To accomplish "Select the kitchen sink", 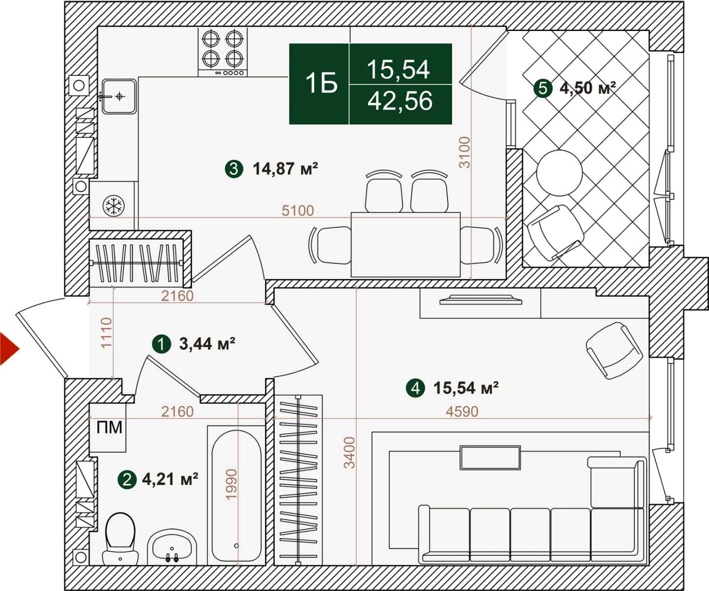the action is pyautogui.click(x=119, y=97).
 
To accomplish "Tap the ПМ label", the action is pyautogui.click(x=109, y=428).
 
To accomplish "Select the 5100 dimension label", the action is pyautogui.click(x=298, y=211).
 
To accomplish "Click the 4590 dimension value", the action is pyautogui.click(x=462, y=412).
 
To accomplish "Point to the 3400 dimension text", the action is pyautogui.click(x=349, y=453).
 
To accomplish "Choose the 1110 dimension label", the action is pyautogui.click(x=106, y=332).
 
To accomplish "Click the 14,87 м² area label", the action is pyautogui.click(x=285, y=168).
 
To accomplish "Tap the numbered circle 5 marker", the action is pyautogui.click(x=542, y=89).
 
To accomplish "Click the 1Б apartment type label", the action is pyautogui.click(x=321, y=83).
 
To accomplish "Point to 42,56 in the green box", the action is pyautogui.click(x=400, y=101).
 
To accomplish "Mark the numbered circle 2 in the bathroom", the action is pyautogui.click(x=127, y=480).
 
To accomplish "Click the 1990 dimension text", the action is pyautogui.click(x=231, y=484).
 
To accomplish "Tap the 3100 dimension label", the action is pyautogui.click(x=465, y=152).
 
